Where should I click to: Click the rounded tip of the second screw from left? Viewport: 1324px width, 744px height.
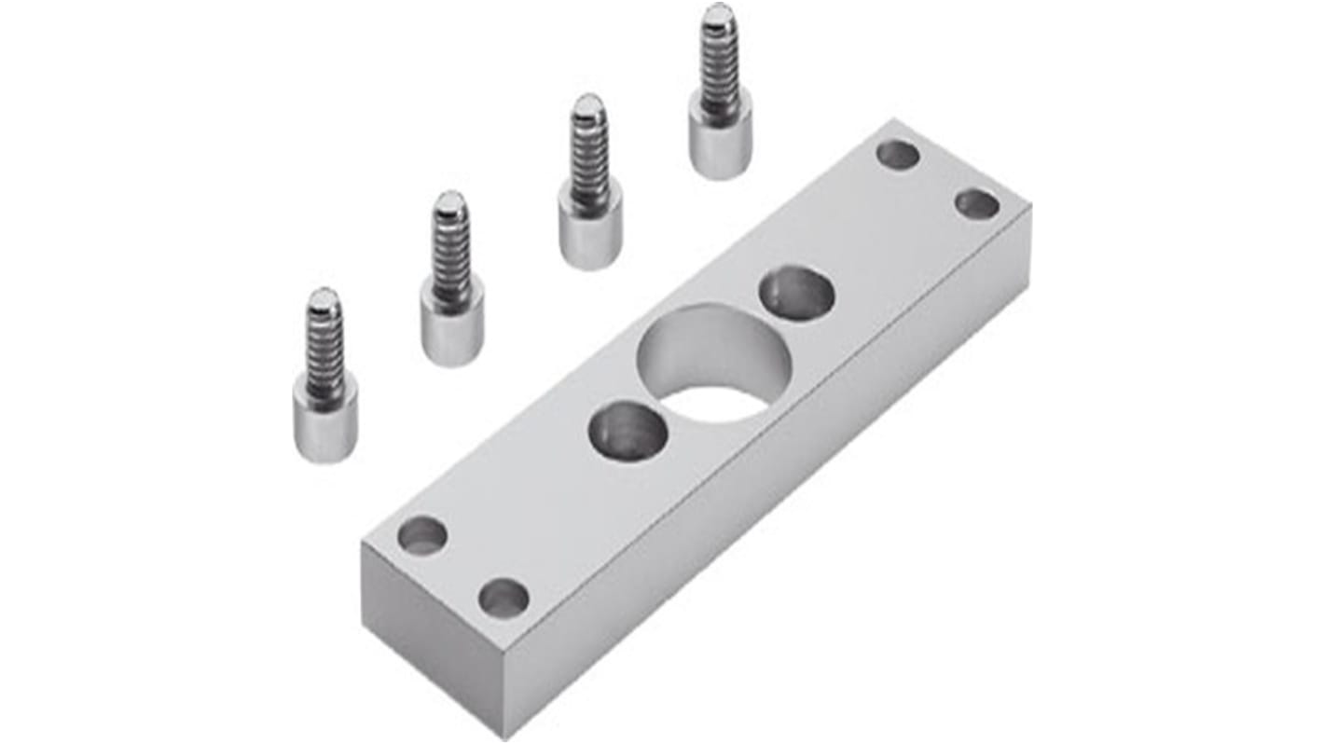(450, 200)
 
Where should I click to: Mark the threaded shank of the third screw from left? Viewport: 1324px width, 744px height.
(589, 154)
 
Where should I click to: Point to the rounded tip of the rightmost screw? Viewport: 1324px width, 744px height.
(718, 13)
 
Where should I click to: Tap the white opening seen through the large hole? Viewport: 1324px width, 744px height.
(716, 403)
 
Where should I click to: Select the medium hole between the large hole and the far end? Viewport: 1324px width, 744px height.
(796, 293)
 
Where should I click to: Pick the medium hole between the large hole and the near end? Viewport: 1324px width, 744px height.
(628, 431)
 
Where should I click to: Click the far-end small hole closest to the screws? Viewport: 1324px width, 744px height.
(898, 155)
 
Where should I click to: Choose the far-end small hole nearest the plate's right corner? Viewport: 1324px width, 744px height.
(976, 203)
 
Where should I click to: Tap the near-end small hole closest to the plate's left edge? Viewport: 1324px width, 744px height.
(422, 535)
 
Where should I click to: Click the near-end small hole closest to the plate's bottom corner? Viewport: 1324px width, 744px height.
(503, 598)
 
